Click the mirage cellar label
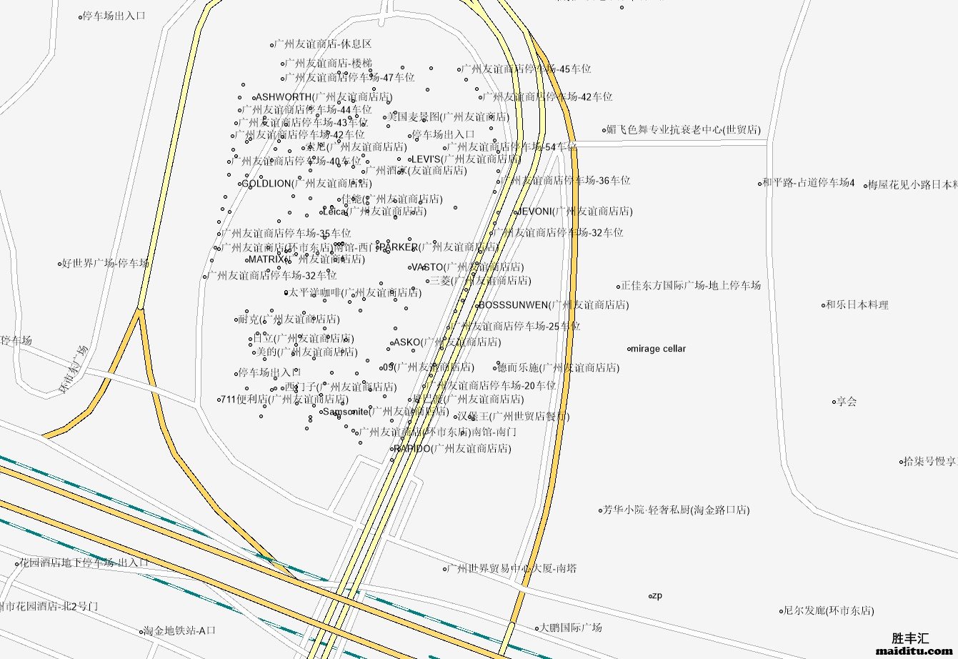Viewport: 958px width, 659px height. coord(659,349)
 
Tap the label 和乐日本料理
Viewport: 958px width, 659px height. coord(857,305)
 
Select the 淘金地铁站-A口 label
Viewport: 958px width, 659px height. coord(179,631)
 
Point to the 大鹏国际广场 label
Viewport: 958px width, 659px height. coord(570,628)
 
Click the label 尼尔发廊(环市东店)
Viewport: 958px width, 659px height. coord(829,611)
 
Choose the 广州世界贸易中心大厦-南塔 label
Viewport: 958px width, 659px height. coord(512,569)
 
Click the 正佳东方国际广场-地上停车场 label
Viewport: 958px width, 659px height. coord(691,285)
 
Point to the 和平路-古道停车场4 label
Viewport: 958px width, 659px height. coord(808,183)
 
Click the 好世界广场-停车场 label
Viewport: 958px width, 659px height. coord(105,263)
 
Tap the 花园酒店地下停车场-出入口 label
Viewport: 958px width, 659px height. coord(84,563)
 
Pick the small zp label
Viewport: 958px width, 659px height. coord(657,595)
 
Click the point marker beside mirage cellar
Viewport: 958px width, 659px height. coord(629,350)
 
